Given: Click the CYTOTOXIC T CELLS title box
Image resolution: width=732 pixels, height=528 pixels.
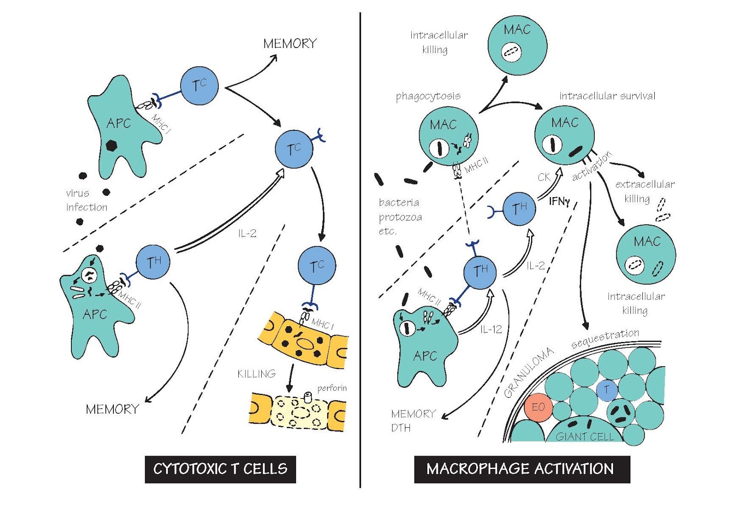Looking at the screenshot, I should point(220,469).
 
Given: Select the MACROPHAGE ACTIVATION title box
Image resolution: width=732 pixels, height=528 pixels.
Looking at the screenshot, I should point(522,469).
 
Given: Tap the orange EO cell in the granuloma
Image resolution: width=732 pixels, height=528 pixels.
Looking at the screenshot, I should point(538,407).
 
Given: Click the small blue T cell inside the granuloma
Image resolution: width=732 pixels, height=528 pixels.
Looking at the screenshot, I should point(607,390).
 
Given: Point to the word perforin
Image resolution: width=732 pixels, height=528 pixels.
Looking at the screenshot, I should point(332,388).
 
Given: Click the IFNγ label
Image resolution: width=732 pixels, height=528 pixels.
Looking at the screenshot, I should point(559,201).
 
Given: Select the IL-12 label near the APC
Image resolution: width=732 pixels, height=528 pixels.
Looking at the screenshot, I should point(491,329).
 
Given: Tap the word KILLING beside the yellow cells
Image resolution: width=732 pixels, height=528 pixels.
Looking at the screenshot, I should point(256,374).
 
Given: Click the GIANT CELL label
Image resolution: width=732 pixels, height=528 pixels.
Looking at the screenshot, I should point(584,436).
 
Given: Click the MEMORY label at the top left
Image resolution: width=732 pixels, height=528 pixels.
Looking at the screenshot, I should point(290,44).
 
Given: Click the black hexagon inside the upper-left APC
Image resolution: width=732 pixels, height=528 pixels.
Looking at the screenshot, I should point(111,145).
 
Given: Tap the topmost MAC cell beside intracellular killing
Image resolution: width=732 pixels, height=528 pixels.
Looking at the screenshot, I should point(517,44).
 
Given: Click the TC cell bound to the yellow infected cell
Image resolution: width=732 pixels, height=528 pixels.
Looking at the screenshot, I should point(317,266).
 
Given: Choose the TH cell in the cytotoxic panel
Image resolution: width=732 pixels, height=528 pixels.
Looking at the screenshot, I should point(153,262).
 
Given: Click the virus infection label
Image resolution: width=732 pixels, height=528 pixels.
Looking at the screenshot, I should point(86,200).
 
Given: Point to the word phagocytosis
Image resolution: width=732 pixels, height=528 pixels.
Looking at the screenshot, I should point(428,96).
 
